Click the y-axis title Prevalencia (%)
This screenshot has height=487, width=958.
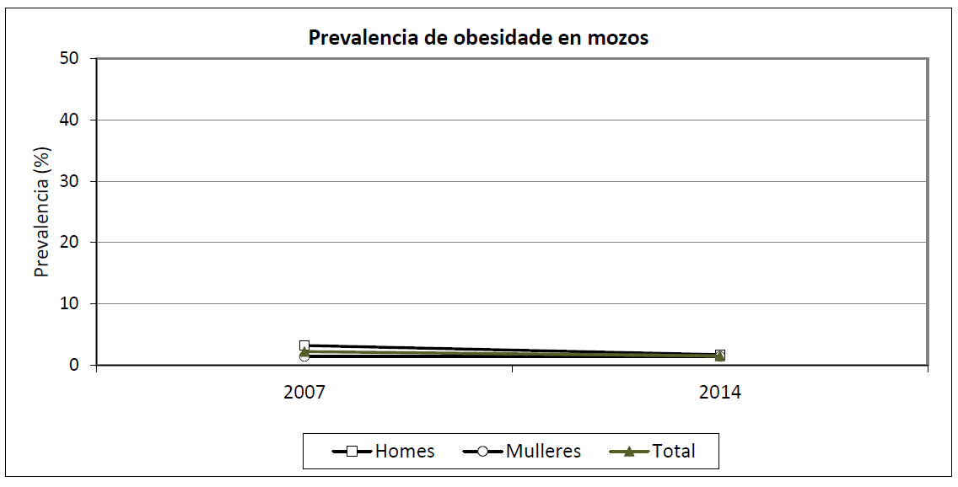point(42,211)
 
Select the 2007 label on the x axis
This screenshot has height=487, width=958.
point(304,393)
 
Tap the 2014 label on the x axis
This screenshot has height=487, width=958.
point(719,393)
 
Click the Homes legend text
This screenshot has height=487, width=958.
point(405,452)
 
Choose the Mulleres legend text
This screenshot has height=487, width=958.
point(544,452)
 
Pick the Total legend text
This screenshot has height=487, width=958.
point(674,452)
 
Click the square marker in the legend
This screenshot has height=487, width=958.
point(353,452)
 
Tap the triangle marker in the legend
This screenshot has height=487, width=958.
point(629,452)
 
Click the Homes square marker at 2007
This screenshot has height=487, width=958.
point(304,345)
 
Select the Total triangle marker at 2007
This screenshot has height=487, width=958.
point(304,351)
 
